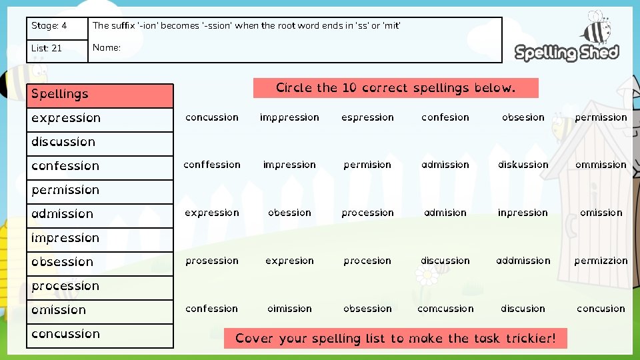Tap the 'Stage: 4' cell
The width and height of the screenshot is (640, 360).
(x=57, y=27)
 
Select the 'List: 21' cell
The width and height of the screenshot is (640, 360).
(x=57, y=49)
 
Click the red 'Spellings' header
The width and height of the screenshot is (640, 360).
(x=100, y=95)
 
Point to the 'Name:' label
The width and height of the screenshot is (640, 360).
(x=107, y=47)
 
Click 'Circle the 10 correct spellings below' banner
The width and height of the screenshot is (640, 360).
(x=395, y=88)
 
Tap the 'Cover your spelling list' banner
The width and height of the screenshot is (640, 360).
(x=395, y=338)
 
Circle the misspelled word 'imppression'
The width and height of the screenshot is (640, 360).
(x=289, y=117)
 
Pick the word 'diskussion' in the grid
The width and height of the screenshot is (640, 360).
(x=523, y=165)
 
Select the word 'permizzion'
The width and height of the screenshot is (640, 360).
(x=601, y=261)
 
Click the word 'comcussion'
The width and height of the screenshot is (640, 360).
(x=445, y=309)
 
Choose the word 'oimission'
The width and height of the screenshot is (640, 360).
(x=289, y=309)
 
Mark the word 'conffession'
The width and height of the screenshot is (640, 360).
(x=212, y=165)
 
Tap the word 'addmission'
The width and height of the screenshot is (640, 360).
(x=523, y=261)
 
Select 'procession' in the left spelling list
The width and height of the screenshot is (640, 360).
(x=65, y=286)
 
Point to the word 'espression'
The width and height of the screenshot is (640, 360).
(x=367, y=117)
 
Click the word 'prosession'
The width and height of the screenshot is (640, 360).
(x=212, y=261)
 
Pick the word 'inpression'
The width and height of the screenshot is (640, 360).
(x=523, y=213)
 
